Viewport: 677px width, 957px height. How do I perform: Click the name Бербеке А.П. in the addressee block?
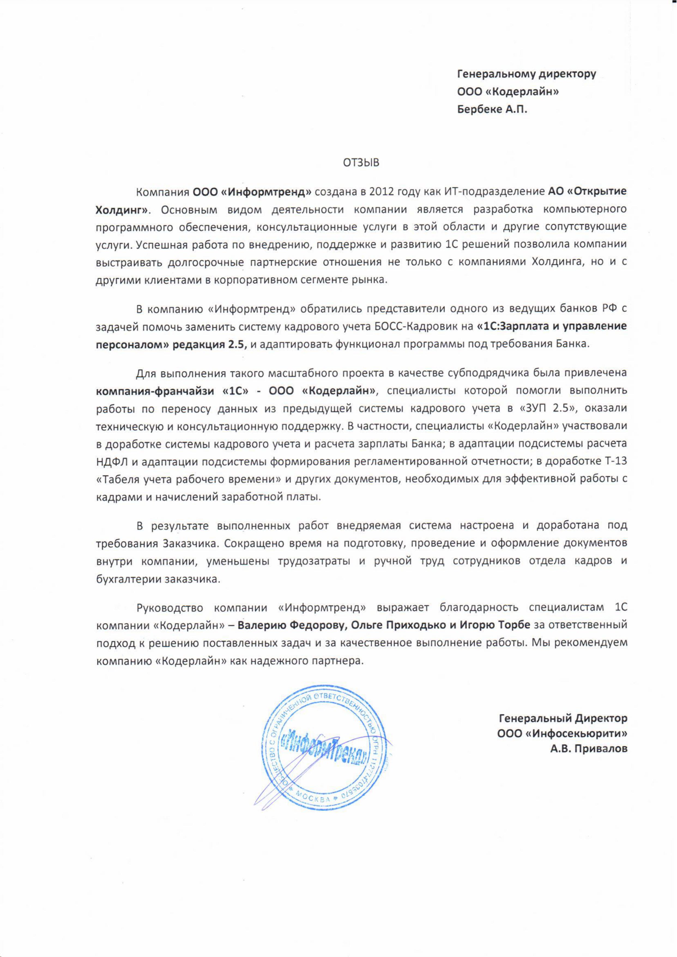[x=492, y=110]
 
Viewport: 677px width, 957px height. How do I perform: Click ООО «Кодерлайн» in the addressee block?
[x=508, y=92]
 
